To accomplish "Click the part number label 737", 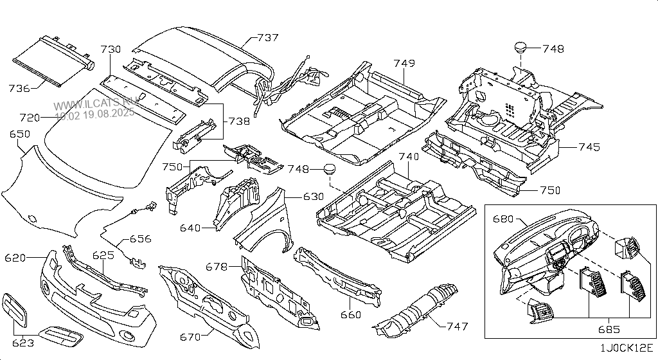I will [x=267, y=37].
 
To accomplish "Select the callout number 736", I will [x=19, y=88].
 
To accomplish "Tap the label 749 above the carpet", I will [x=404, y=64].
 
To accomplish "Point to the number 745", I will [x=589, y=147].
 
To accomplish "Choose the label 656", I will [x=140, y=239].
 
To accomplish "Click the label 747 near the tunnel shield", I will [x=457, y=327].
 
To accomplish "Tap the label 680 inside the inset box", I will [x=504, y=219].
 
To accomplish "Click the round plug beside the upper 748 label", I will [x=520, y=47].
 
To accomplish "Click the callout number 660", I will [x=350, y=314].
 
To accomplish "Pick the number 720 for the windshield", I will [x=30, y=118].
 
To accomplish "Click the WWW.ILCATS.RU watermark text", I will [x=94, y=105].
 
